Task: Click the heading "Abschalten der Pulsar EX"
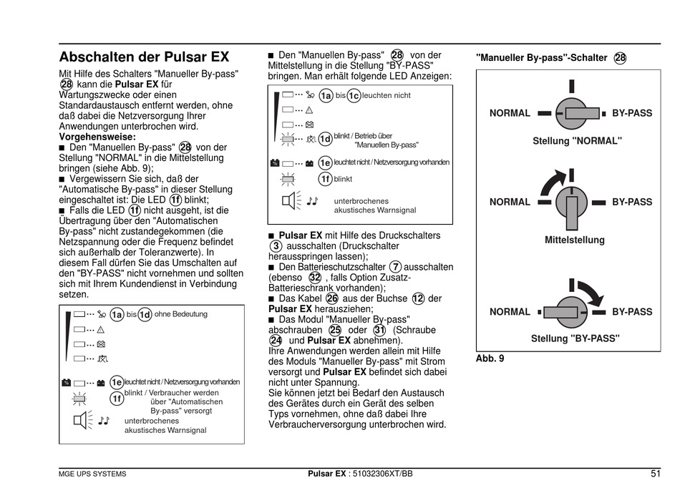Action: coord(144,57)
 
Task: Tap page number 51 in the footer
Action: coord(655,472)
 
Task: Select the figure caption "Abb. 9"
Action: coord(490,358)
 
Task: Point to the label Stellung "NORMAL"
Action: coord(577,141)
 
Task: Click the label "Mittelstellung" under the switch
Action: coord(574,240)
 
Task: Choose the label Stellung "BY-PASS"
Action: coord(575,338)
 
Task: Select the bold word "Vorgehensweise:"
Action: coord(97,137)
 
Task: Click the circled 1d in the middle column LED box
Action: coord(325,138)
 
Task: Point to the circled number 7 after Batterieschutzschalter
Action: coord(396,267)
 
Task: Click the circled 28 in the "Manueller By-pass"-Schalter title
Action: coord(620,58)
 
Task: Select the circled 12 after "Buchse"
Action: coord(418,298)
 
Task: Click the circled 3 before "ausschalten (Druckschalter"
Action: coord(276,245)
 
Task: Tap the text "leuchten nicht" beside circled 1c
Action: coord(387,95)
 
